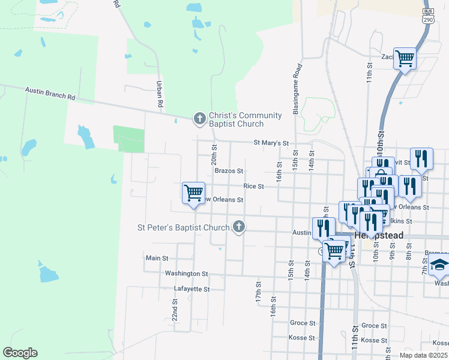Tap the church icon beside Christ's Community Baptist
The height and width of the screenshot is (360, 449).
point(199,119)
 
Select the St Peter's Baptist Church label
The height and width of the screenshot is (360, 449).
point(184,227)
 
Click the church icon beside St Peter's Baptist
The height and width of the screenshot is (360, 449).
point(239,227)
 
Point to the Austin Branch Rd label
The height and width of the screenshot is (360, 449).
point(50,93)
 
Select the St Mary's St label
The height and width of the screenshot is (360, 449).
point(271,143)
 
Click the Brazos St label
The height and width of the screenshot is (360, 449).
point(229,171)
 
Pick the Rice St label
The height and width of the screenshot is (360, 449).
point(253,187)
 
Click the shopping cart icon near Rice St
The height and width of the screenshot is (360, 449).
point(193,193)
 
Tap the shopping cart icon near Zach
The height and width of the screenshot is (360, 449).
point(405,58)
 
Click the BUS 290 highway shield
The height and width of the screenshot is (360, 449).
point(428,32)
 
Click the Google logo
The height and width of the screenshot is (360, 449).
point(20,353)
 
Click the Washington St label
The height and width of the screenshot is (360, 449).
point(186,274)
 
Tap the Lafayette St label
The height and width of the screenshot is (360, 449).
point(191,289)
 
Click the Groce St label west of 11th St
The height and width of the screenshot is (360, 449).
point(303,323)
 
